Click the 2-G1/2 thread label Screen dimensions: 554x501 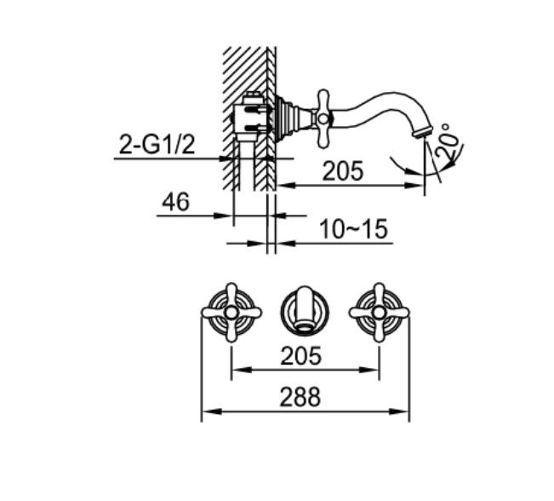coord(157,145)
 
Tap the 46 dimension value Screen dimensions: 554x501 coord(175,202)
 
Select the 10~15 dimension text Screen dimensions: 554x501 coord(354,229)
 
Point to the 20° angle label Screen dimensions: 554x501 coord(447,141)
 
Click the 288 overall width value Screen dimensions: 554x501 coord(300,397)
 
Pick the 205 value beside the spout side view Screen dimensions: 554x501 coord(343,171)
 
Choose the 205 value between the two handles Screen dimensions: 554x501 coord(300,356)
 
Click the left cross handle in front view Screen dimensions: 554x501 coord(231,313)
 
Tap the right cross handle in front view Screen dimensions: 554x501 coord(379,313)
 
